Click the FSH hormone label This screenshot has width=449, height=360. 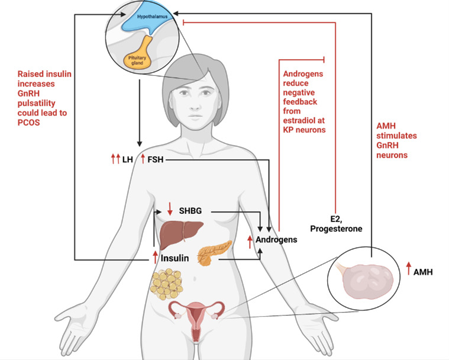point(156,159)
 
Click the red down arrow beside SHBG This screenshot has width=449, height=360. point(170,209)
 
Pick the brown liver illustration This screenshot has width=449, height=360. point(183,233)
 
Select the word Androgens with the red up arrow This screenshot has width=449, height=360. point(276,240)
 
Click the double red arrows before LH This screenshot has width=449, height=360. point(115,159)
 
